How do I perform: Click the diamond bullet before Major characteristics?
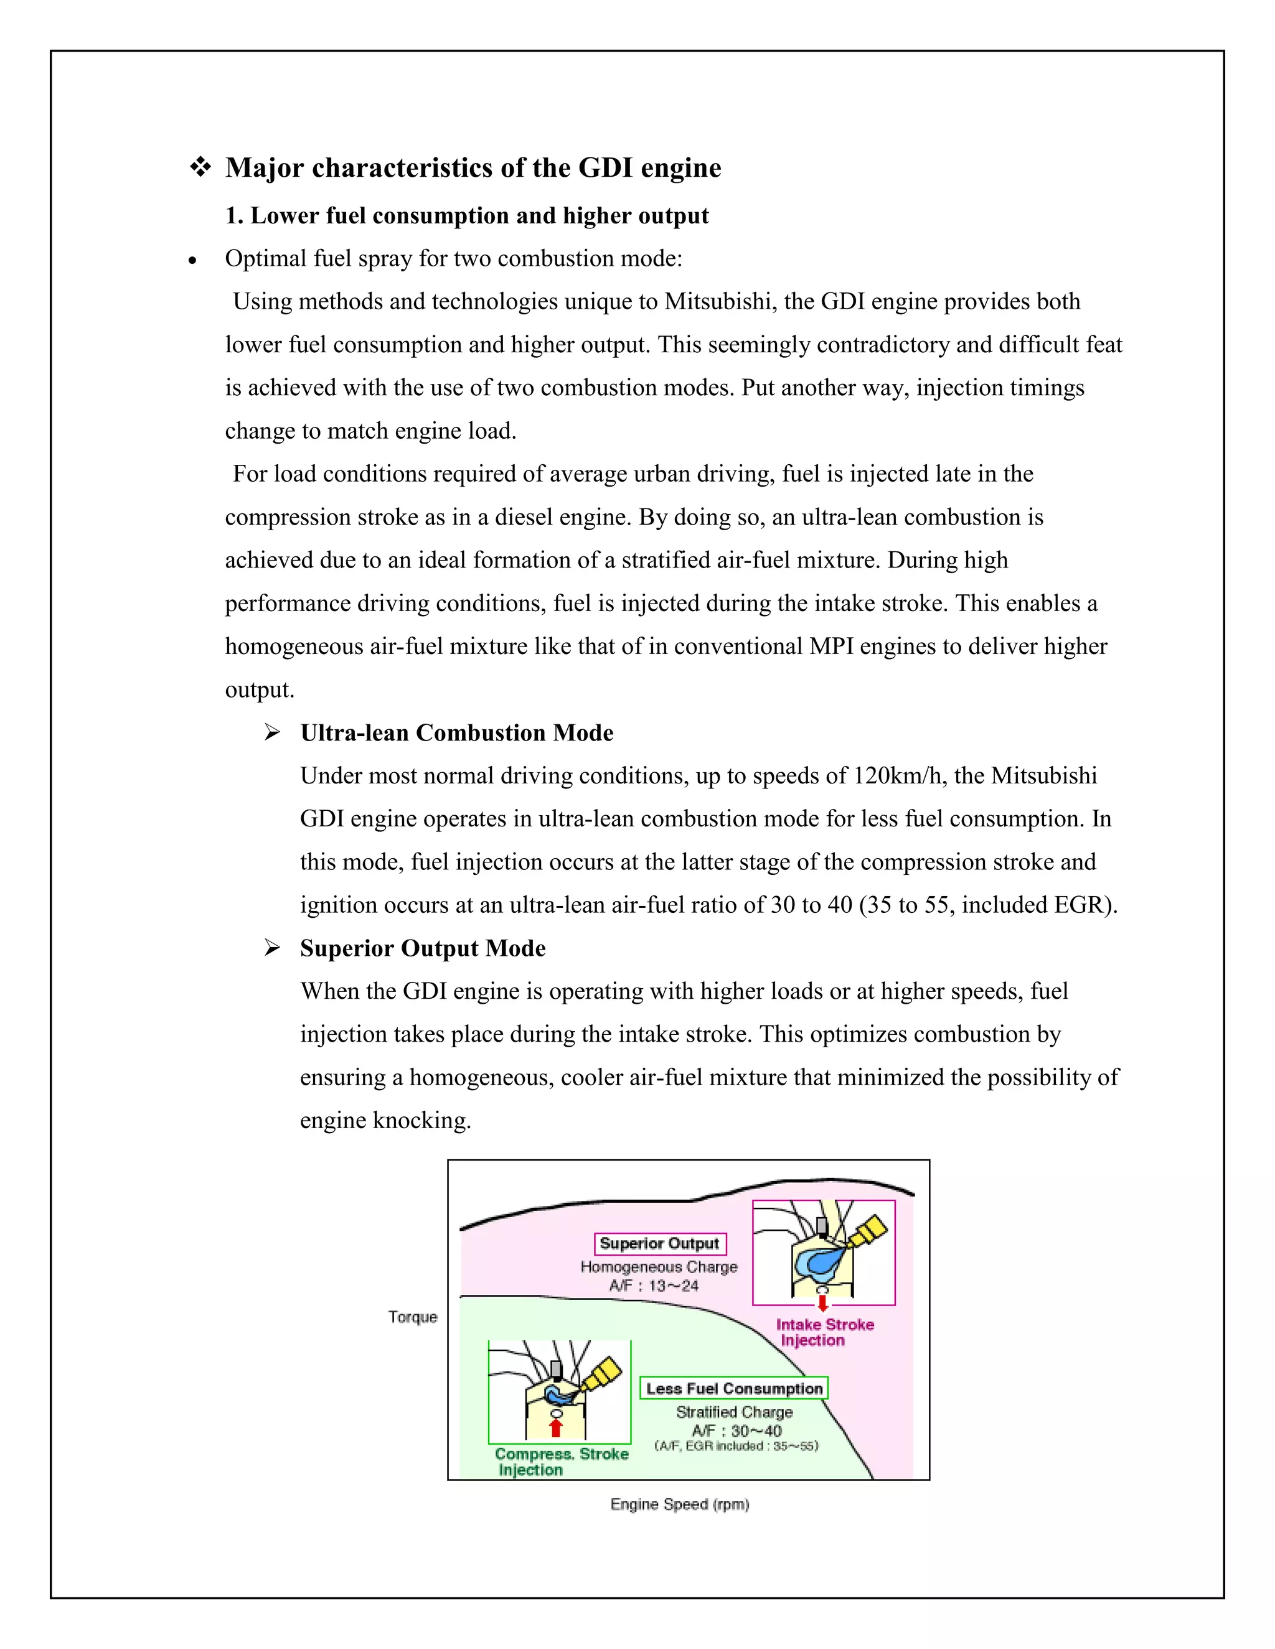pyautogui.click(x=200, y=167)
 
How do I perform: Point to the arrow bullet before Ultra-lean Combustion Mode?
pyautogui.click(x=272, y=732)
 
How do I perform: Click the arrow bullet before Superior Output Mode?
pyautogui.click(x=272, y=948)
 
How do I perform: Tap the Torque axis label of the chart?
pyautogui.click(x=412, y=1317)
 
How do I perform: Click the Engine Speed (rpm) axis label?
pyautogui.click(x=679, y=1504)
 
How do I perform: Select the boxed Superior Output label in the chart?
pyautogui.click(x=659, y=1243)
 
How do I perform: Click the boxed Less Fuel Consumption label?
pyautogui.click(x=734, y=1388)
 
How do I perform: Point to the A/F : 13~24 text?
pyautogui.click(x=654, y=1286)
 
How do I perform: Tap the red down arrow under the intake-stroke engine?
pyautogui.click(x=822, y=1303)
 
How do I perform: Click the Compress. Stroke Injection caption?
pyautogui.click(x=561, y=1462)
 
